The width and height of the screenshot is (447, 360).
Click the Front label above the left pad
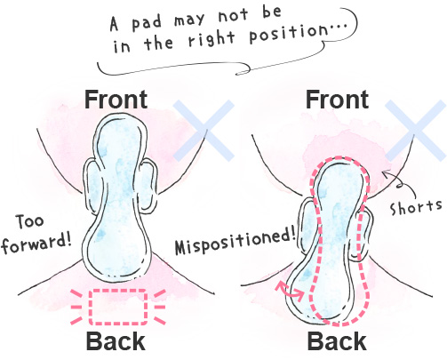coord(116,100)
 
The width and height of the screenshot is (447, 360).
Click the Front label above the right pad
coord(337,100)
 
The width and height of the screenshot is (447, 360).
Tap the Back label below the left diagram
coord(116,341)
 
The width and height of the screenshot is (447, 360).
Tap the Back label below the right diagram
coord(337,341)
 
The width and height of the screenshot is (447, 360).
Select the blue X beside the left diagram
coord(204,131)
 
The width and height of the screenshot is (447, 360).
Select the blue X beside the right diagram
coord(416,131)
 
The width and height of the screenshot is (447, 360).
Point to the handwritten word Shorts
coord(416,206)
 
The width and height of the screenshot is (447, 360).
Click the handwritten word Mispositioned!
coord(235,243)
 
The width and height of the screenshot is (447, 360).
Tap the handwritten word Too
coord(29,221)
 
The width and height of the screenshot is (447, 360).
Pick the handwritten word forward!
coord(36,244)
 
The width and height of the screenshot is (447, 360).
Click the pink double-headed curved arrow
coord(289,290)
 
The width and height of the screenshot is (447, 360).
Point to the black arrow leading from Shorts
coord(400,184)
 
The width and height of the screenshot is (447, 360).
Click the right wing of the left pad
coord(148,186)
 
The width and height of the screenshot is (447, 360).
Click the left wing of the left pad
coord(91,186)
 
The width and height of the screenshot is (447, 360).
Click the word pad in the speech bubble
coord(147,23)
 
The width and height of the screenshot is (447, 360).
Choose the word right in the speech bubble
coord(212,40)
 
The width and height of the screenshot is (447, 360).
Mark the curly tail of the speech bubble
coord(243,68)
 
